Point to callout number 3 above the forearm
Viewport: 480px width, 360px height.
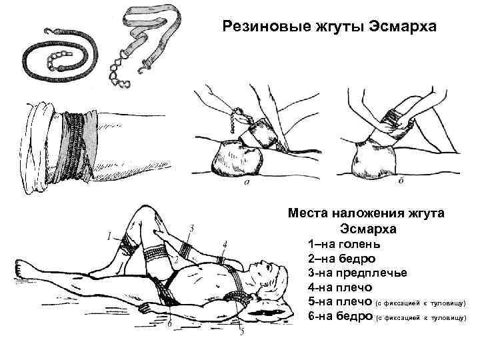click(191, 229)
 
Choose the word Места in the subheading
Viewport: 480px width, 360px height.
click(309, 213)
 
